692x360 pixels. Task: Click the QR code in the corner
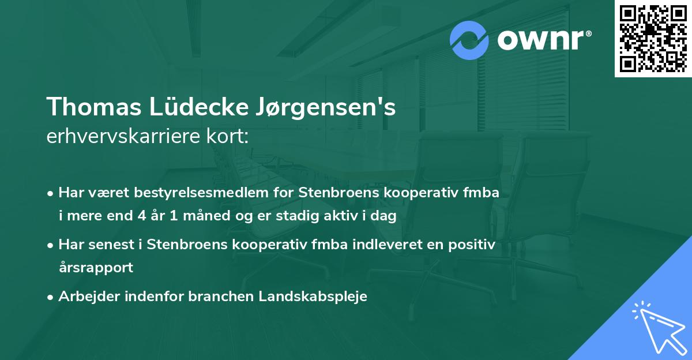(x=653, y=38)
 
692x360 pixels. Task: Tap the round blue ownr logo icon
(x=469, y=40)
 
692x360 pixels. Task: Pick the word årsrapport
(x=96, y=268)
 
